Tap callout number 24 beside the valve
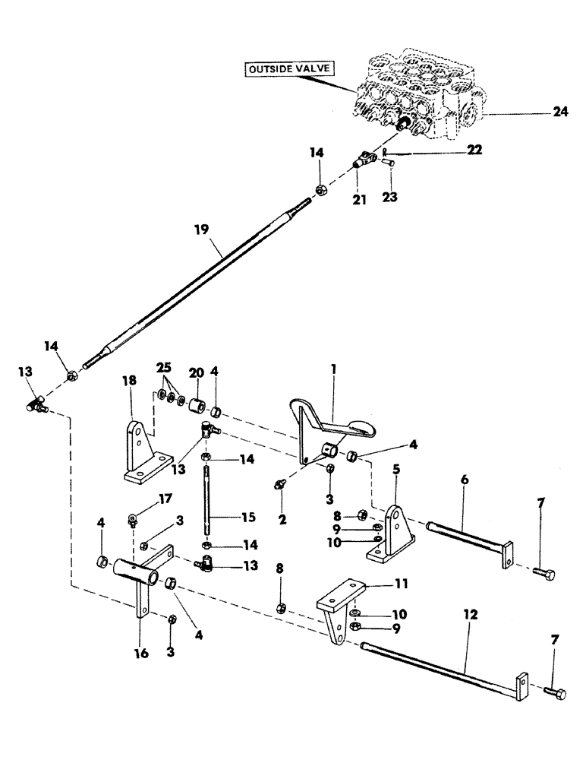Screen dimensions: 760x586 [559, 112]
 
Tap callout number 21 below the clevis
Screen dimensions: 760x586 [359, 199]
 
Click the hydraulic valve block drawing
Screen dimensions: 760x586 [417, 95]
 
